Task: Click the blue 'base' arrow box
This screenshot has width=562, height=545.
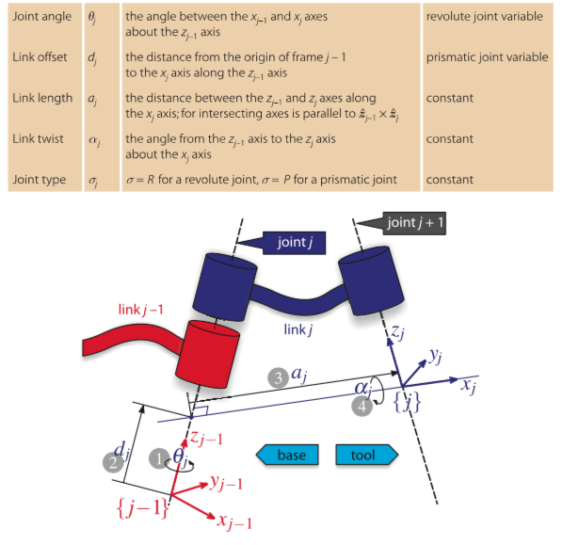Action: pos(287,455)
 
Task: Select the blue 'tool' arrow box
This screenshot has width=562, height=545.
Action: pos(366,455)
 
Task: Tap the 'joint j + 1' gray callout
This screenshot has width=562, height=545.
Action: pos(401,223)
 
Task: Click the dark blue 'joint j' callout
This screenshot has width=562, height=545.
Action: pos(281,243)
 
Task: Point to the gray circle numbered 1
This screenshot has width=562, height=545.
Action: pos(159,457)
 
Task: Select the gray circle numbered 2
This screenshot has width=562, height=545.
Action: pos(113,462)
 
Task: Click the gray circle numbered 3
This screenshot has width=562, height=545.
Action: pos(278,377)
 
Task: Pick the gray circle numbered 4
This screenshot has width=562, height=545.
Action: pos(362,407)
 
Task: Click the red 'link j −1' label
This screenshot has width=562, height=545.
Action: pos(140,310)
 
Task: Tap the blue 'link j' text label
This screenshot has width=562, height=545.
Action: pos(297,329)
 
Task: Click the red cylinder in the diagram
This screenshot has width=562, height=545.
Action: pos(207,354)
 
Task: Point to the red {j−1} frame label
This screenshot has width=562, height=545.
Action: pos(142,507)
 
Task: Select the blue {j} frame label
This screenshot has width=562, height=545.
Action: pos(407,402)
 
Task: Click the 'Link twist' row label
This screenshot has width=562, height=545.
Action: pos(38,138)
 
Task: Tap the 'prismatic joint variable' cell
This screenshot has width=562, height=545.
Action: pos(487,57)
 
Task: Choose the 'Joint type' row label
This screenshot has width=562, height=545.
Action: pos(40,180)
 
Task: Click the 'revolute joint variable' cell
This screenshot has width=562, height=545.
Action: pos(484,17)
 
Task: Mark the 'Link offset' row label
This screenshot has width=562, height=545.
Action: pos(40,57)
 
